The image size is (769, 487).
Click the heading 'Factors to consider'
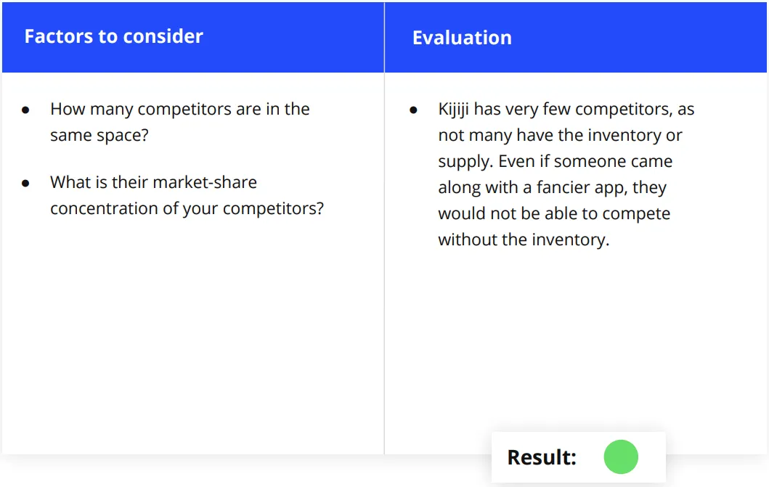pyautogui.click(x=114, y=37)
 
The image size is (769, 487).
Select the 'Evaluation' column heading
pyautogui.click(x=462, y=38)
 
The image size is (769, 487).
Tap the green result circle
pyautogui.click(x=621, y=457)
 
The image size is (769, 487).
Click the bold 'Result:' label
pyautogui.click(x=542, y=457)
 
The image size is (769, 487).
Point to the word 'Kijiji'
pyautogui.click(x=453, y=110)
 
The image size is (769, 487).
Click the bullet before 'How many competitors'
pyautogui.click(x=25, y=110)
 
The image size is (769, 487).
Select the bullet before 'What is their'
pyautogui.click(x=25, y=184)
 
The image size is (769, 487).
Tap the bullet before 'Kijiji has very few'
pyautogui.click(x=413, y=110)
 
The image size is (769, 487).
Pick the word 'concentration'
pyautogui.click(x=104, y=209)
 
